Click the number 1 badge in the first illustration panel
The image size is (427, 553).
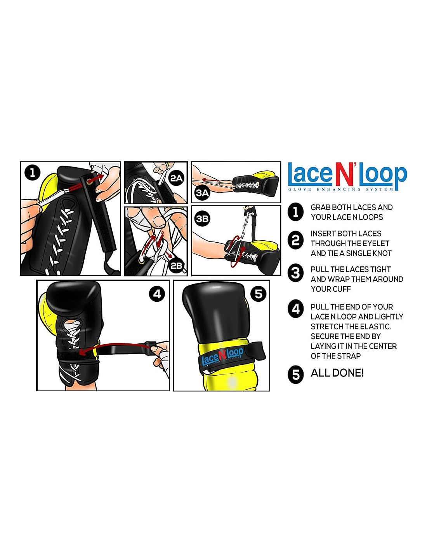pos(33,173)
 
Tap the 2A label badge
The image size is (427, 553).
pos(176,178)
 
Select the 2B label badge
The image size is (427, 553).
pos(176,266)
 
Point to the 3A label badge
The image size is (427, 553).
pos(203,193)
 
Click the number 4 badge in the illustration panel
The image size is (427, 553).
pos(157,294)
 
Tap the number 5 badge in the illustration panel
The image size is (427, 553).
pos(258,294)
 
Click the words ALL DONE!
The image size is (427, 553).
pos(337,373)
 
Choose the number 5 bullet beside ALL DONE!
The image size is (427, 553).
pos(295,375)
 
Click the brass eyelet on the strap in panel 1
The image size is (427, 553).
pos(89,181)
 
